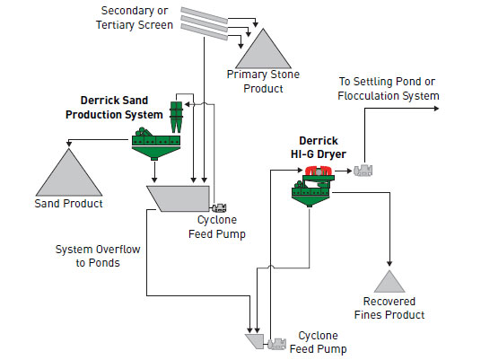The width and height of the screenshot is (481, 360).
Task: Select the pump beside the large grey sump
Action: (218, 206)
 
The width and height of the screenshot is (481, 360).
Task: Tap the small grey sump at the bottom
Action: (254, 341)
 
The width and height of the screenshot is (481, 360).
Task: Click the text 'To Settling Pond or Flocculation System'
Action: (388, 88)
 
